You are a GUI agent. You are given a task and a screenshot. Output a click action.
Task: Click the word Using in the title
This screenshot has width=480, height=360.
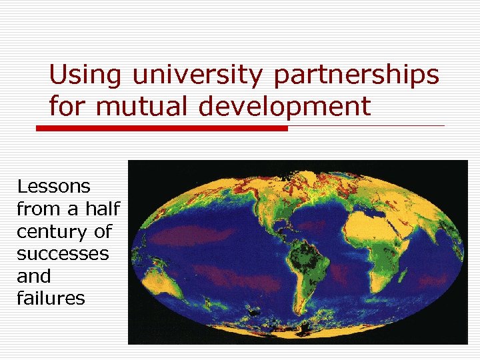pos(85,75)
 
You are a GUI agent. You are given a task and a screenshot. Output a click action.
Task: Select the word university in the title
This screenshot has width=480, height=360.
pos(198,75)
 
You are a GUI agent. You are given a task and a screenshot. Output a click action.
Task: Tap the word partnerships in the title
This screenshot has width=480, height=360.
pos(357,75)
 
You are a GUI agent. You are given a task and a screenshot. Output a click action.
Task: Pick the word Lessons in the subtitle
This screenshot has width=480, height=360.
pos(54,186)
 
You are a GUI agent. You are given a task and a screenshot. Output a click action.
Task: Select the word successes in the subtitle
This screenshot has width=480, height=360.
pos(62,254)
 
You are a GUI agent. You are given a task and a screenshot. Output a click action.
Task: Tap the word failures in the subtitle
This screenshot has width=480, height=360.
pos(51,298)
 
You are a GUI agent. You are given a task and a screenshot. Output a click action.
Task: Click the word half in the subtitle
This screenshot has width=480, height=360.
pos(101,209)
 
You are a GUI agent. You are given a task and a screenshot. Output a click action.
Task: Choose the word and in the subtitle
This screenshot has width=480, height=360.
pos(34,276)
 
